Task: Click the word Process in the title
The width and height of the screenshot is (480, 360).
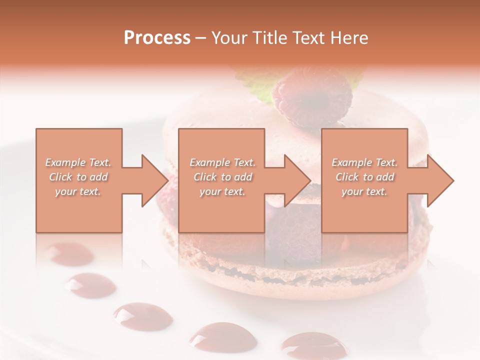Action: coord(157,37)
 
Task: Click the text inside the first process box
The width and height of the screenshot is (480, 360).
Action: coord(78,177)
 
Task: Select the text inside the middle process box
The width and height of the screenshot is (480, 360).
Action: coord(222,177)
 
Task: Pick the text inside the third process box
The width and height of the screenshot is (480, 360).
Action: coord(364,177)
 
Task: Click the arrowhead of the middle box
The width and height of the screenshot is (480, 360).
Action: coord(297,180)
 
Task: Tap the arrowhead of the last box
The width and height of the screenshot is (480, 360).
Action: coord(440,180)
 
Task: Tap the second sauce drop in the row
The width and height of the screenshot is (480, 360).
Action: coord(90,285)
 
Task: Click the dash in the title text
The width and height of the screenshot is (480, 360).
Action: coord(201,38)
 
